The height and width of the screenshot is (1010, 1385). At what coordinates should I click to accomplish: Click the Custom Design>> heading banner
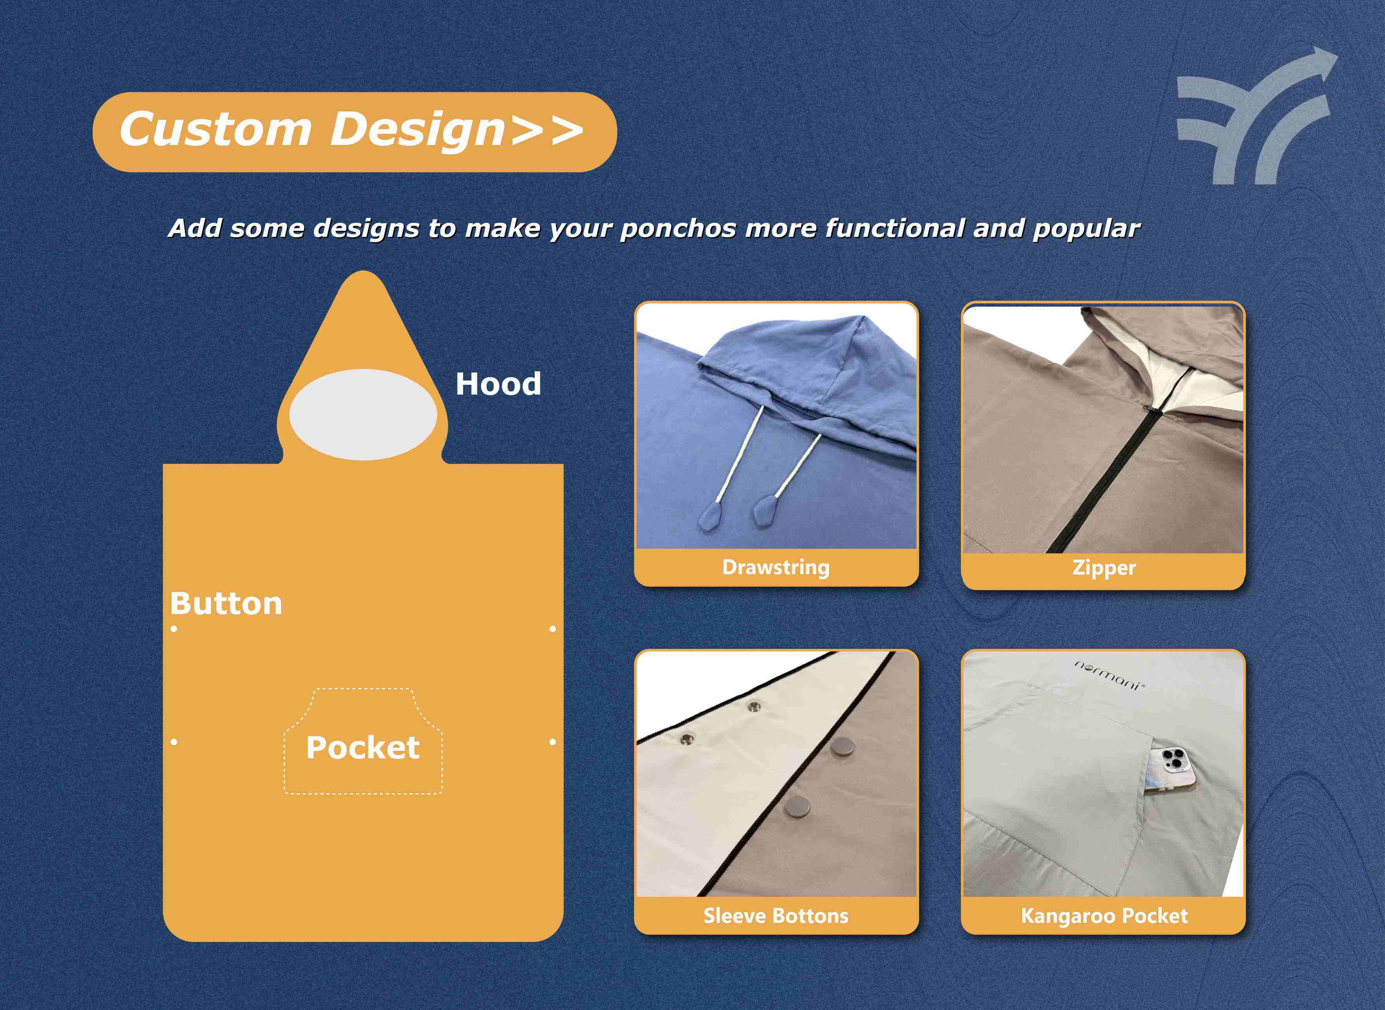coord(355,132)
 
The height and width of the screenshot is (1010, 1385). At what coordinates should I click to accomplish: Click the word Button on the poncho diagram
coord(226,604)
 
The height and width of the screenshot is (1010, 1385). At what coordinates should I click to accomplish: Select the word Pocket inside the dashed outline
coord(363,748)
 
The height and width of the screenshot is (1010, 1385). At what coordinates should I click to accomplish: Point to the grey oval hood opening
coord(363,415)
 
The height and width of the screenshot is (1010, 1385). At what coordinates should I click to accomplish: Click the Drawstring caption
coord(776,568)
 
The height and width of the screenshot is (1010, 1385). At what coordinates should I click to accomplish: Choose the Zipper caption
coord(1104,568)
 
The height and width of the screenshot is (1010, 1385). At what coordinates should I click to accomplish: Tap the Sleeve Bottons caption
coord(776,916)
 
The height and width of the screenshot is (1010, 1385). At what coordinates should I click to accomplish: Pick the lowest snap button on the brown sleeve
coord(797,807)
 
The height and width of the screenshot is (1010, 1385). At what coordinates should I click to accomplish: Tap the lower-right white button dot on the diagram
coord(553,742)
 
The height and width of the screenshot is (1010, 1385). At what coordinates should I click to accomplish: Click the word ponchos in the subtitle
coord(677,229)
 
